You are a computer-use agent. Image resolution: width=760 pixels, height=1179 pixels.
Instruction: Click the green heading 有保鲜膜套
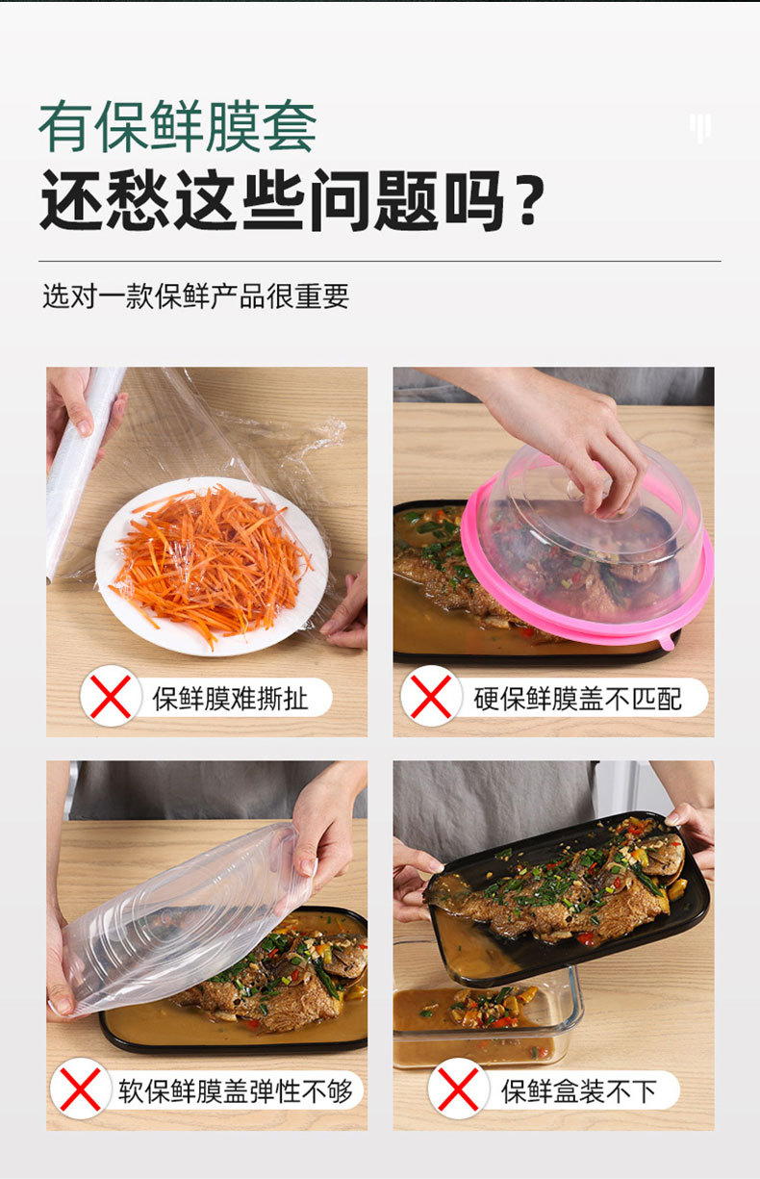pyautogui.click(x=178, y=126)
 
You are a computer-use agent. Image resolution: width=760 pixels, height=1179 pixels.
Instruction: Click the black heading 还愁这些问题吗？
pyautogui.click(x=292, y=200)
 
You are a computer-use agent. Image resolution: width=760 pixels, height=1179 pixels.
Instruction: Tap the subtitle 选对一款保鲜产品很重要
pyautogui.click(x=195, y=295)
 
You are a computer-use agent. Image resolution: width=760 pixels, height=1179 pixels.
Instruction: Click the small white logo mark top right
pyautogui.click(x=700, y=127)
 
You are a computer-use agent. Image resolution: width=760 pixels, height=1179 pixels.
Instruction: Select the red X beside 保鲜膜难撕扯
pyautogui.click(x=111, y=697)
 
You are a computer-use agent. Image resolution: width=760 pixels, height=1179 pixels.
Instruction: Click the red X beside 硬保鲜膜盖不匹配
pyautogui.click(x=431, y=697)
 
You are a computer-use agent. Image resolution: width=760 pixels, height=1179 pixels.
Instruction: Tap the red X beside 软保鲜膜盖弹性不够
pyautogui.click(x=81, y=1089)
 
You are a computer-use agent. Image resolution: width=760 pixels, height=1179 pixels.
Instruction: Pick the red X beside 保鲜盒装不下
pyautogui.click(x=458, y=1089)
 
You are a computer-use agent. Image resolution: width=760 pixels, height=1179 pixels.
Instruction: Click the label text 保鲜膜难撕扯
pyautogui.click(x=230, y=699)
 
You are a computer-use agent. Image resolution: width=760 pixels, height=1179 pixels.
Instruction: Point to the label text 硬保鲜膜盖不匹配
pyautogui.click(x=577, y=699)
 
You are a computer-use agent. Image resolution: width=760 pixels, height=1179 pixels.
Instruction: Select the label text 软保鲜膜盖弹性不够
pyautogui.click(x=235, y=1091)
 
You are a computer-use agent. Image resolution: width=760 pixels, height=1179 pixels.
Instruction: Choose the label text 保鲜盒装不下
pyautogui.click(x=578, y=1091)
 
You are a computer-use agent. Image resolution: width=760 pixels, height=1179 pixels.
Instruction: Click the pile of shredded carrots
pyautogui.click(x=211, y=563)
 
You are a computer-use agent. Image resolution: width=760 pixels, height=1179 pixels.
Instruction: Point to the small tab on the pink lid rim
pyautogui.click(x=667, y=642)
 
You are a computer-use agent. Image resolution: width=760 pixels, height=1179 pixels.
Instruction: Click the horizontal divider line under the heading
pyautogui.click(x=380, y=261)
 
